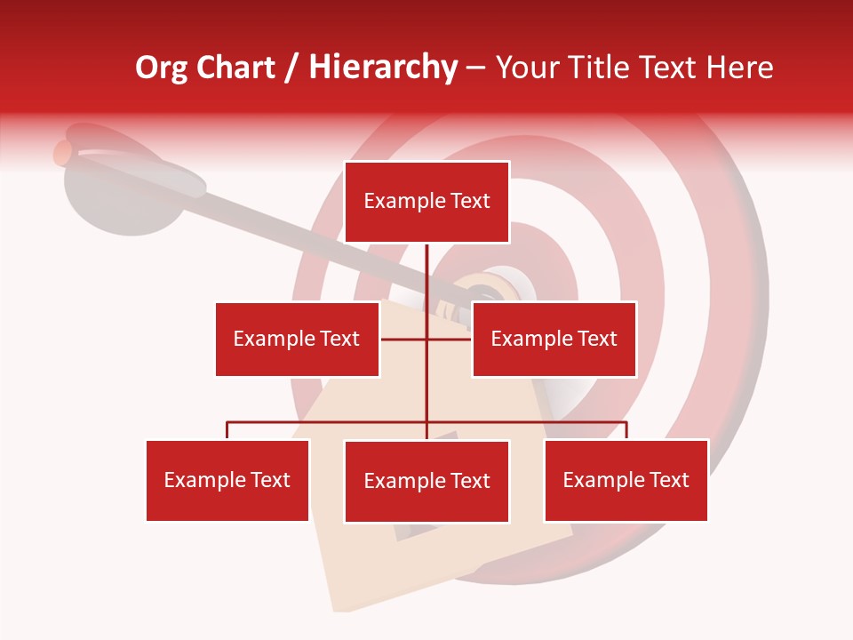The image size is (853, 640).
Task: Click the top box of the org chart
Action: tap(426, 202)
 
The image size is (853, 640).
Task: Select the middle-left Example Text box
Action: tap(297, 339)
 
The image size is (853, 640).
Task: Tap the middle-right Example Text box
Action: tap(554, 339)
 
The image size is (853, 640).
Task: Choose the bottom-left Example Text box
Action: tap(227, 480)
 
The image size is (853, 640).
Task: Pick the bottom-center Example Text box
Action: tap(426, 481)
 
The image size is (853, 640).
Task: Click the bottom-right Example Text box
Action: tap(626, 480)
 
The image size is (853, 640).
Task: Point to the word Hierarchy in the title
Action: tap(382, 68)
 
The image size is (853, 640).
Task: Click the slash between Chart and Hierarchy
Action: tap(292, 68)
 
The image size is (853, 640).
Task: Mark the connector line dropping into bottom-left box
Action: tap(227, 430)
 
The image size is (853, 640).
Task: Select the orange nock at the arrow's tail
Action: tap(62, 153)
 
